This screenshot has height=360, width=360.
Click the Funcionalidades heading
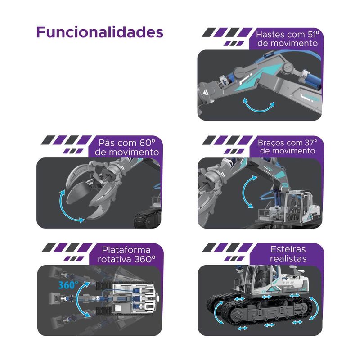(99, 32)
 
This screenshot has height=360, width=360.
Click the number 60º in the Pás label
(147, 143)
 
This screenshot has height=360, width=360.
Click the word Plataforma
(126, 250)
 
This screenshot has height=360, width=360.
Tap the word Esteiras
(288, 249)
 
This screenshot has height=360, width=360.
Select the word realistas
(288, 258)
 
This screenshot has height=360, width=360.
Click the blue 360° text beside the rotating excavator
(68, 285)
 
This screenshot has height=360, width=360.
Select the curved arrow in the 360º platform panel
(78, 300)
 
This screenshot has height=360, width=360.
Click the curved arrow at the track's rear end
(316, 308)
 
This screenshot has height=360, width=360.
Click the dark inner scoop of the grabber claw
(78, 191)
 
